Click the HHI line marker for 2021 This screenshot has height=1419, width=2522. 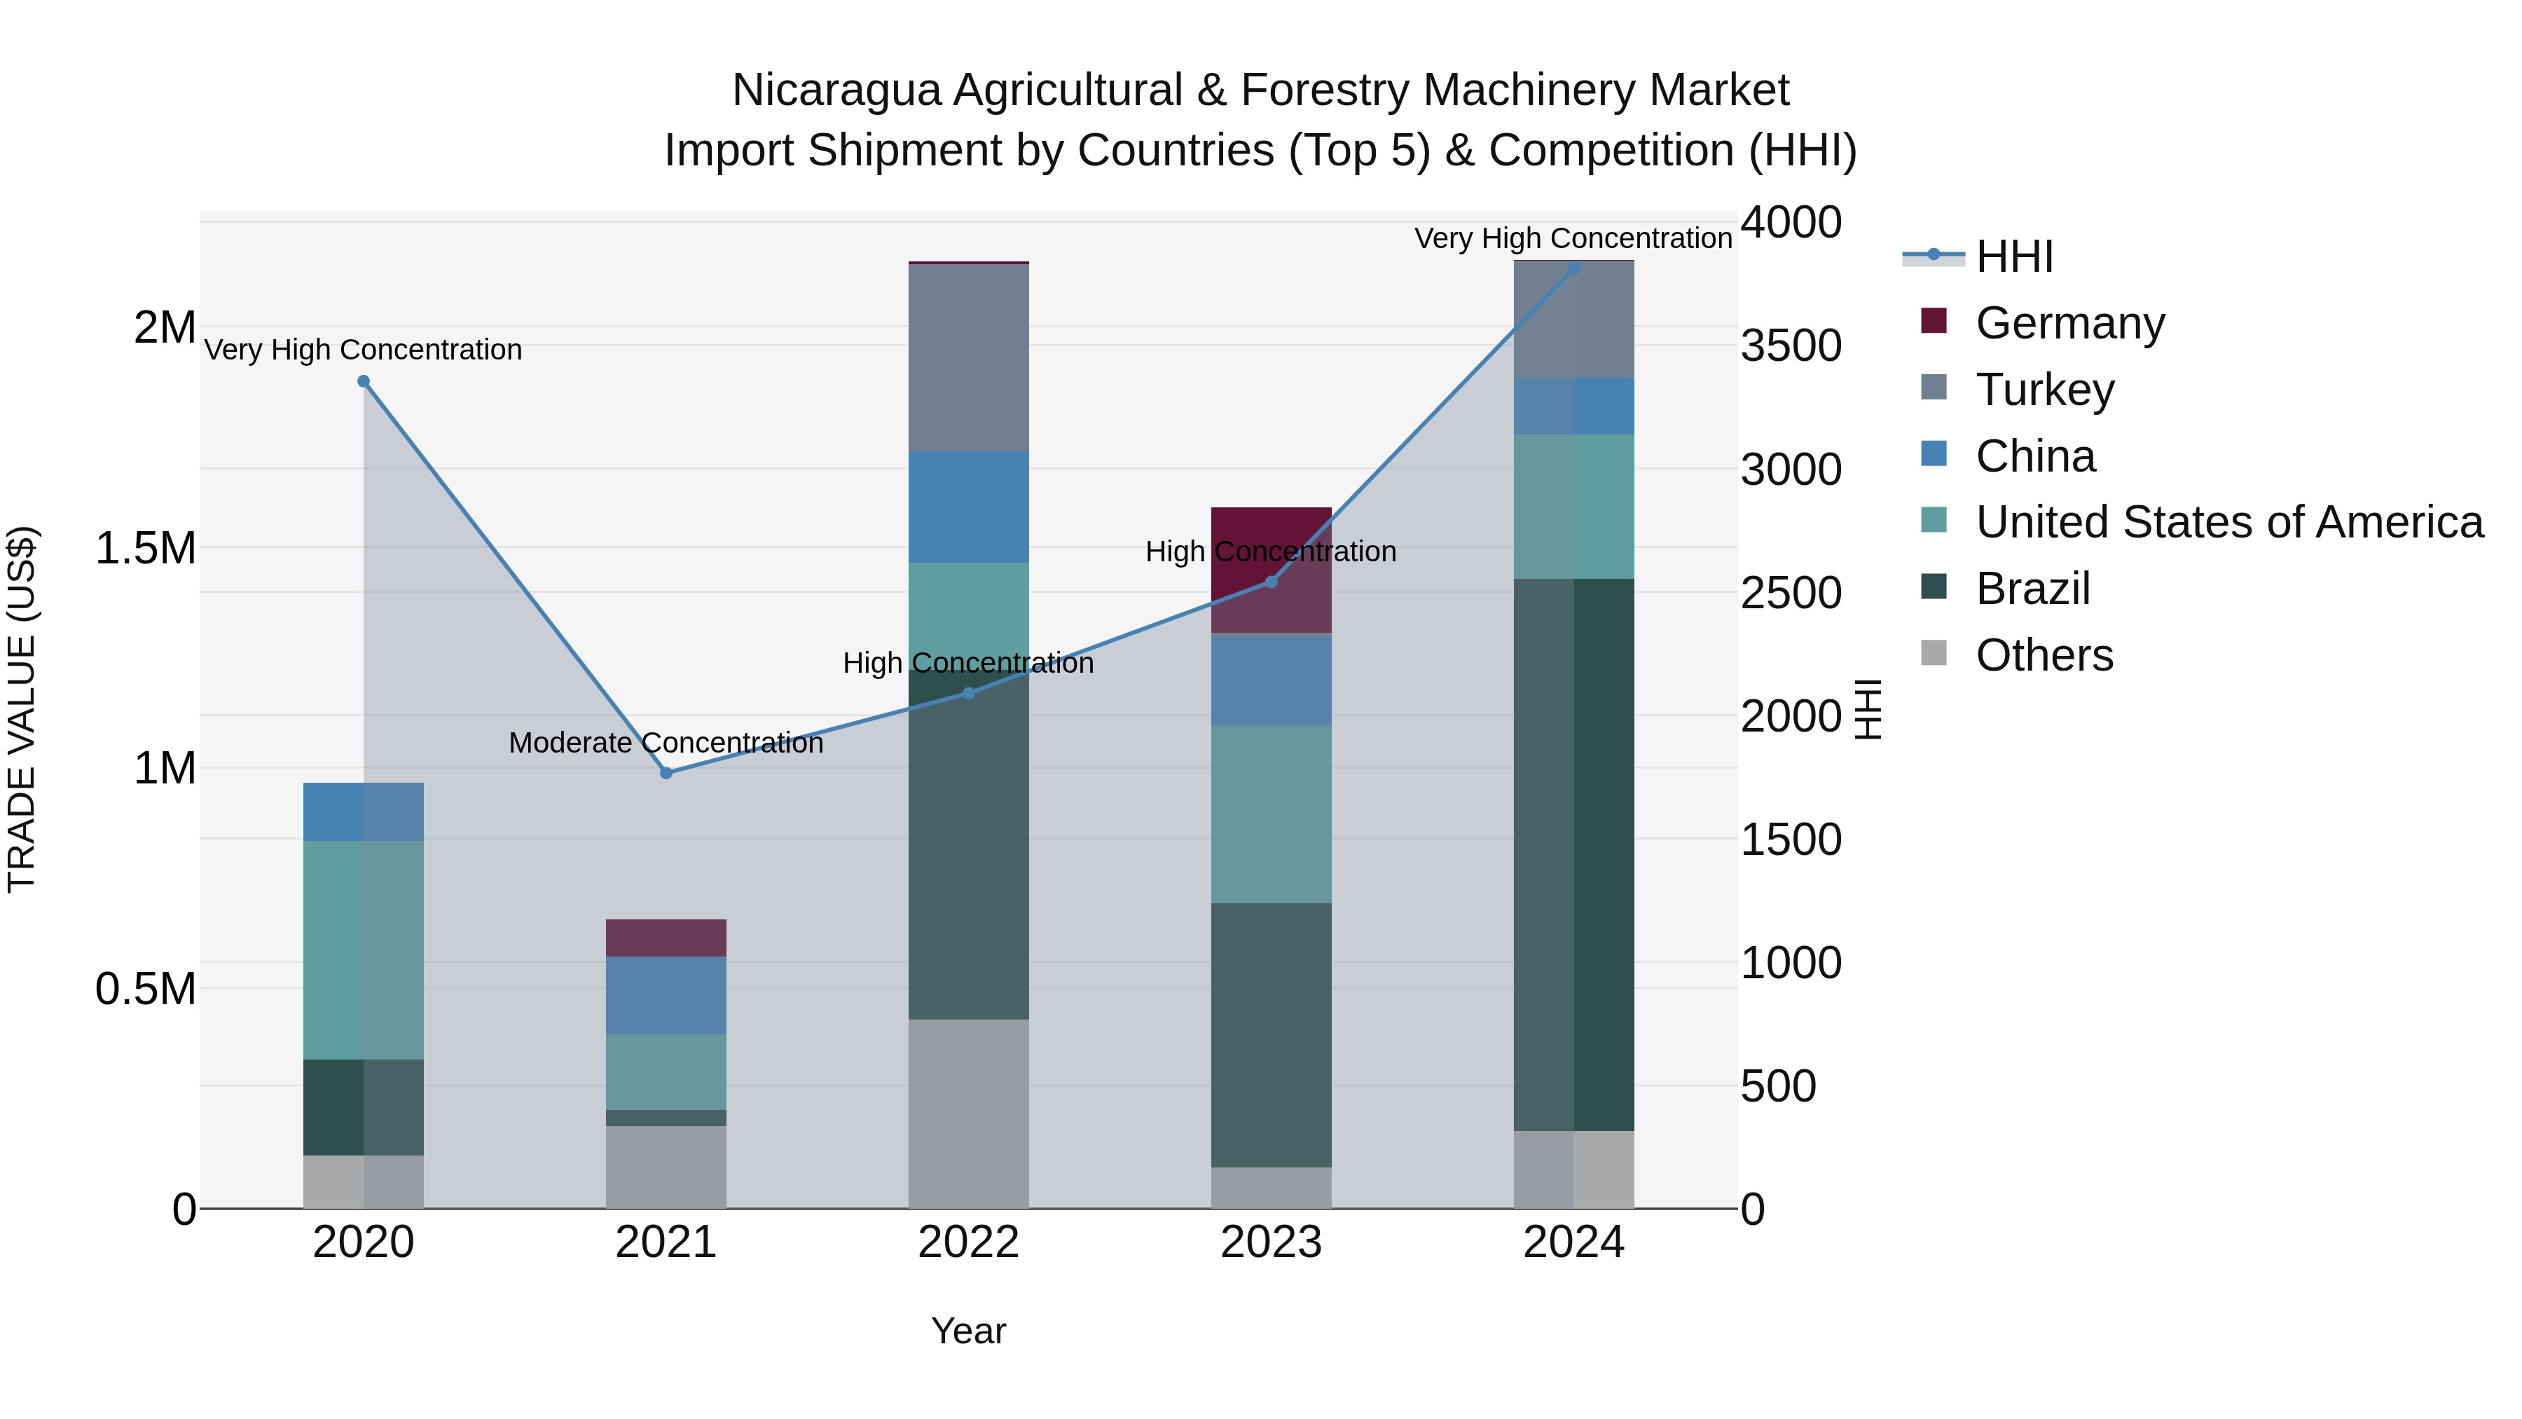(x=666, y=773)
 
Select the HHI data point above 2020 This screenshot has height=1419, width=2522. (x=363, y=381)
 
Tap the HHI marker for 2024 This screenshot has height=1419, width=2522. (x=1573, y=268)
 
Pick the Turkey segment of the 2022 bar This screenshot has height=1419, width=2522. (x=968, y=357)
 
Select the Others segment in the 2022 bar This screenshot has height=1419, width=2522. (x=968, y=1113)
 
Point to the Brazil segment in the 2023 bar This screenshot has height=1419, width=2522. (x=1271, y=1034)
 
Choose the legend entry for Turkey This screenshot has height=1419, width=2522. (x=2044, y=390)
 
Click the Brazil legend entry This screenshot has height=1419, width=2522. (x=2032, y=589)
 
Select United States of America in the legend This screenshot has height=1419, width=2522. (x=2228, y=523)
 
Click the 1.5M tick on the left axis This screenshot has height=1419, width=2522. (x=146, y=549)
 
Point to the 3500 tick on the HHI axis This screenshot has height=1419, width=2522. (x=1791, y=345)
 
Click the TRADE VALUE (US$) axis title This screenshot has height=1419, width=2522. (x=22, y=709)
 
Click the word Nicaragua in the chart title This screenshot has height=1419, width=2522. (x=835, y=91)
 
